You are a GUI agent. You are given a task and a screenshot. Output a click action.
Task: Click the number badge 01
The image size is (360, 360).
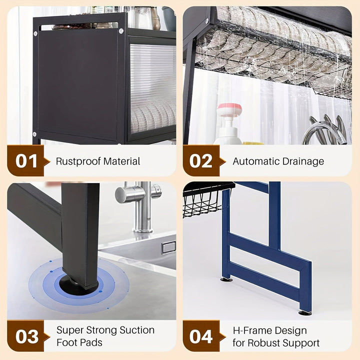pos(26,161)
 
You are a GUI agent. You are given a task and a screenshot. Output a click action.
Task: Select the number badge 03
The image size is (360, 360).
pos(26,336)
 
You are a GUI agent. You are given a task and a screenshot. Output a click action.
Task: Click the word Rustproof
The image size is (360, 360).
pos(77,161)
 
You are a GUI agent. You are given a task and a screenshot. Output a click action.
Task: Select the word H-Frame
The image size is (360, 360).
pos(251,330)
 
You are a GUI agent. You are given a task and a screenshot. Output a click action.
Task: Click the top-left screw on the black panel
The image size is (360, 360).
pos(35,33)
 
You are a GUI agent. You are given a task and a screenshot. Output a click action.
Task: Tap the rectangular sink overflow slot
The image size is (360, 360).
pos(168,247)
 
